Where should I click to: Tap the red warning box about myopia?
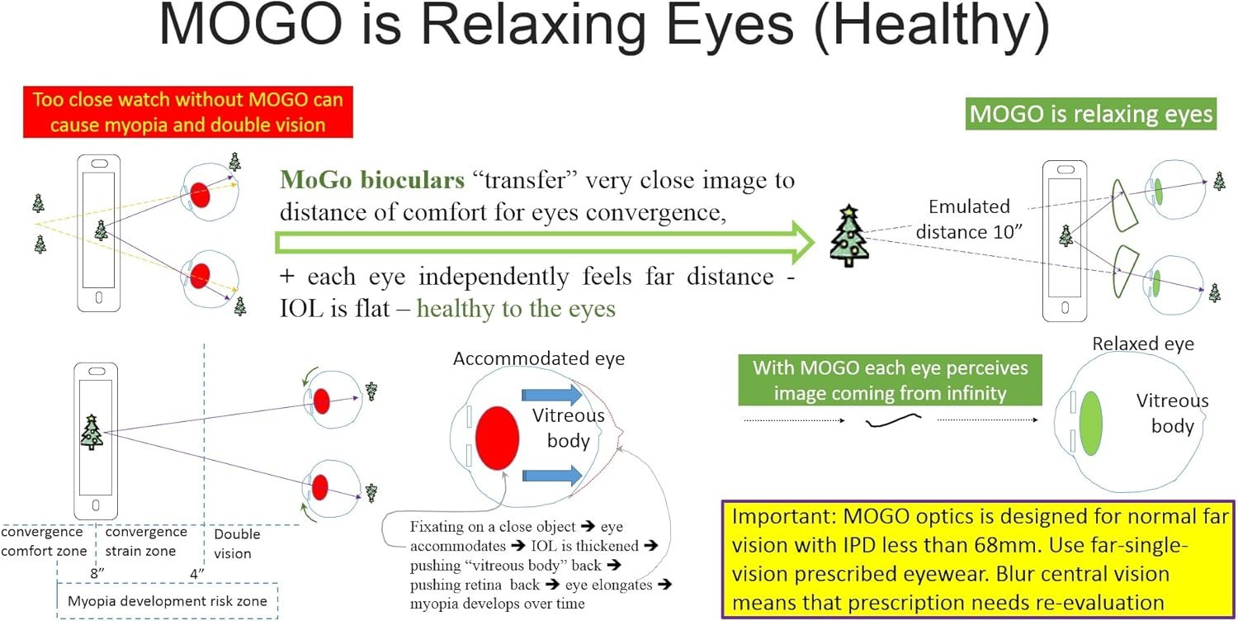188,113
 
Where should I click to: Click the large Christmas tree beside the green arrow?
846,236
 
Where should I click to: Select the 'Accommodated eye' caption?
539,359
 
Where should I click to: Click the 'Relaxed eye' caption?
1142,344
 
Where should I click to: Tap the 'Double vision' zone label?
237,543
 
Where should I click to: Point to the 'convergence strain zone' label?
146,542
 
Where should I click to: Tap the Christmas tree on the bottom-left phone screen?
92,431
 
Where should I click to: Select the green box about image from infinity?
889,380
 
